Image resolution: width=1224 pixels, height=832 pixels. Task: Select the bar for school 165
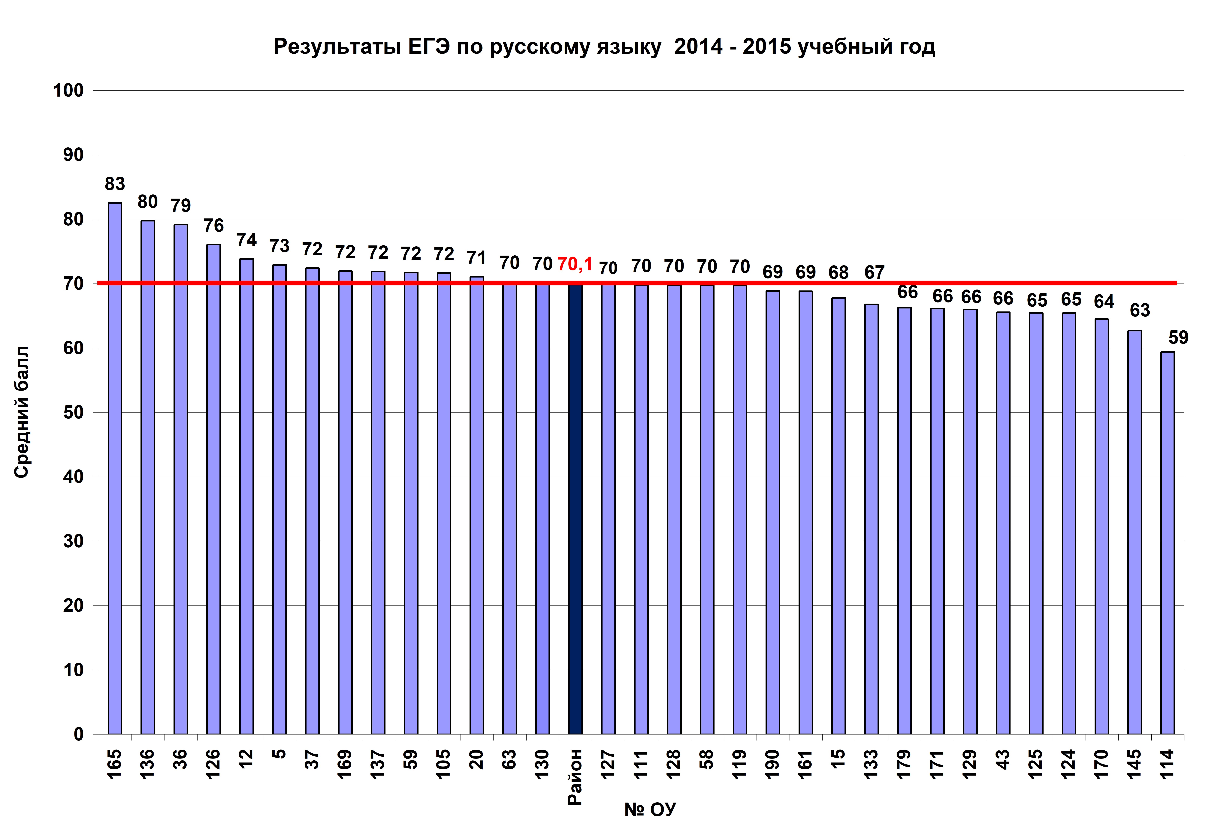[x=115, y=469]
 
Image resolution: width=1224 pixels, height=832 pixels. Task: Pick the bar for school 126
[x=213, y=489]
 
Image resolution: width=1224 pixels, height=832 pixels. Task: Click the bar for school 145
[x=1135, y=532]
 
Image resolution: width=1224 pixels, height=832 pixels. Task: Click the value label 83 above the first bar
[x=115, y=184]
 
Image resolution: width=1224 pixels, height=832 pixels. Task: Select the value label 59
[x=1178, y=337]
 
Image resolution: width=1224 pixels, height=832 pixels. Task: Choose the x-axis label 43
[x=1003, y=759]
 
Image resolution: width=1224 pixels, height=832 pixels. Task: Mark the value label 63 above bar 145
[x=1140, y=310]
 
